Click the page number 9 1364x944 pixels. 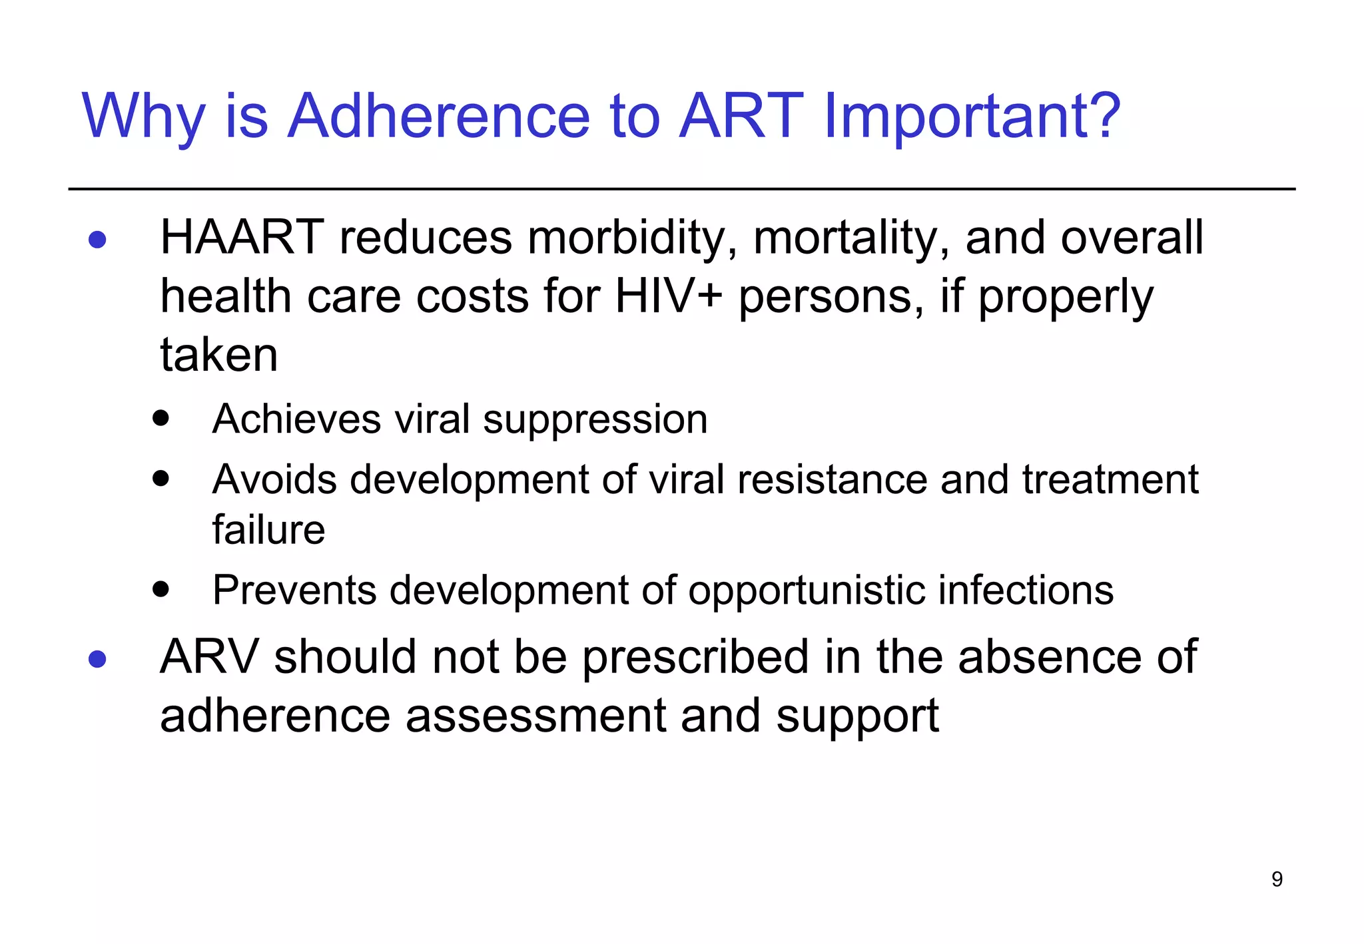1276,879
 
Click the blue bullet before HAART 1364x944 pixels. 97,240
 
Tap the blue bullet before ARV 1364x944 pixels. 97,659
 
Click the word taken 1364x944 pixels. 218,355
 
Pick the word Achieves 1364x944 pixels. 297,419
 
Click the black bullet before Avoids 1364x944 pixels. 161,478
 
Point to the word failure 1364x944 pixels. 268,530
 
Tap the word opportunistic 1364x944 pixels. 806,590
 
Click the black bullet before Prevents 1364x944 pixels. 161,589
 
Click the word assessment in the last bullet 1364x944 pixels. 535,716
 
